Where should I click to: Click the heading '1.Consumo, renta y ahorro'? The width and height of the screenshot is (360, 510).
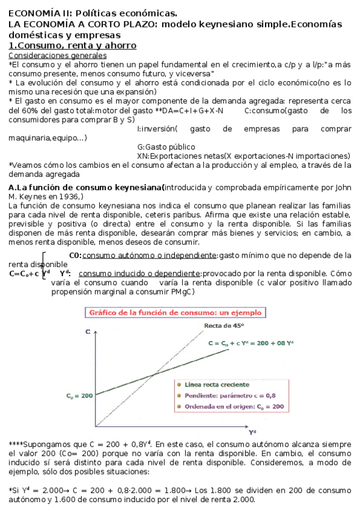pyautogui.click(x=72, y=46)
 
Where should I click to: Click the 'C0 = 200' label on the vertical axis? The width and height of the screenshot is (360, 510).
pyautogui.click(x=79, y=396)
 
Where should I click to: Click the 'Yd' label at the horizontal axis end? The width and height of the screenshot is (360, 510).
pyautogui.click(x=252, y=431)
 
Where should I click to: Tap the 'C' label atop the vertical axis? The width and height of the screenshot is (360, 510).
pyautogui.click(x=88, y=331)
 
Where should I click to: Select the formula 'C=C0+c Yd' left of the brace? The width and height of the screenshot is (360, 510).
pyautogui.click(x=26, y=273)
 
